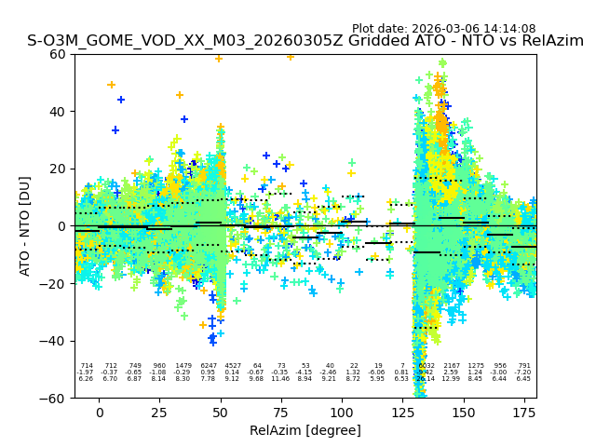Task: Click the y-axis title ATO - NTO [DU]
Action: coord(25,225)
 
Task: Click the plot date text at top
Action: coord(443,29)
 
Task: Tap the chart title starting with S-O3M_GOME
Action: coord(305,41)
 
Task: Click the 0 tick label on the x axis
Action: coord(99,412)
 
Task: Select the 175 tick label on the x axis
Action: coord(524,412)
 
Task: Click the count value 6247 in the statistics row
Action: coord(208,366)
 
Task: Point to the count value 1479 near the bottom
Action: coord(183,366)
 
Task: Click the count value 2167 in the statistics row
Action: coord(452,366)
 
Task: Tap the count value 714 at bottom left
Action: coord(87,366)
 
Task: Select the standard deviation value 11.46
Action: coord(281,379)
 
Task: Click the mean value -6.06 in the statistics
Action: coord(378,372)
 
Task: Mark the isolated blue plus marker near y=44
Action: coord(121,100)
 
